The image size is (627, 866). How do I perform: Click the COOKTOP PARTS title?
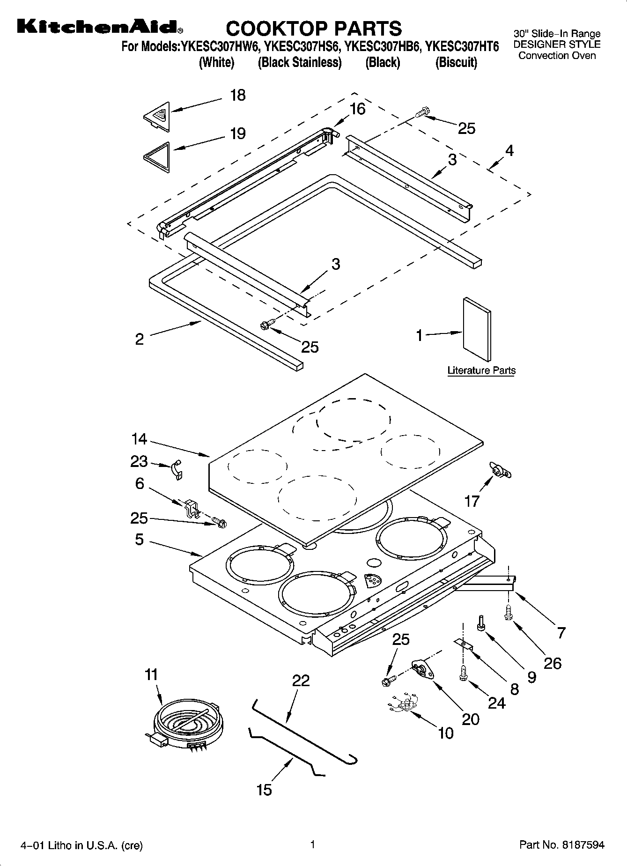314,29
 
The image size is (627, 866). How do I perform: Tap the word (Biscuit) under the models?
456,62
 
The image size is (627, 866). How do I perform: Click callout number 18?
238,96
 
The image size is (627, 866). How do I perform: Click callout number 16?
357,109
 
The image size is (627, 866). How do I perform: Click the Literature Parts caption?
481,370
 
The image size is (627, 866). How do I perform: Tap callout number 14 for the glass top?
139,439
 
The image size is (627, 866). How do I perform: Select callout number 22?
301,680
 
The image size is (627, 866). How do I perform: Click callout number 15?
264,790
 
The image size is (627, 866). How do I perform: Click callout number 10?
446,733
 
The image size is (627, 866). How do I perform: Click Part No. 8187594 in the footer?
562,845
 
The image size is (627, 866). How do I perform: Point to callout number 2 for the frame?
139,339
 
